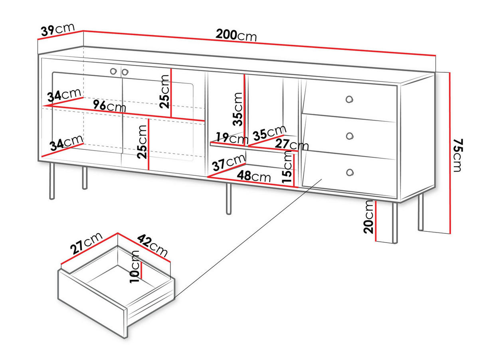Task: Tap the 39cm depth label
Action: (x=58, y=29)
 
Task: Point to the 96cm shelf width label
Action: (x=109, y=106)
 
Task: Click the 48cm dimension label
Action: (x=253, y=176)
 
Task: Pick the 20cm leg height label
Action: (x=368, y=217)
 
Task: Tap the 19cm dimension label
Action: (x=232, y=138)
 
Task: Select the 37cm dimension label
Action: (x=229, y=162)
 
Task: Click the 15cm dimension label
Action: (x=287, y=167)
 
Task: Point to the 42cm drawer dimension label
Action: (x=152, y=245)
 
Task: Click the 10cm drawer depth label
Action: (x=134, y=267)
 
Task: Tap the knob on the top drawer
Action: (x=349, y=99)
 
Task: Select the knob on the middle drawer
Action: (x=350, y=136)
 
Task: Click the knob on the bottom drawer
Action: (x=350, y=172)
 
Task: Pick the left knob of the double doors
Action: (x=113, y=71)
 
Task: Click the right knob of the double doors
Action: (x=125, y=72)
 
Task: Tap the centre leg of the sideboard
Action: (x=228, y=199)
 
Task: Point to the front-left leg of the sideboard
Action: (x=52, y=181)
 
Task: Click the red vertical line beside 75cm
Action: (x=450, y=153)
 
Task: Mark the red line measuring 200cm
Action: (x=259, y=43)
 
